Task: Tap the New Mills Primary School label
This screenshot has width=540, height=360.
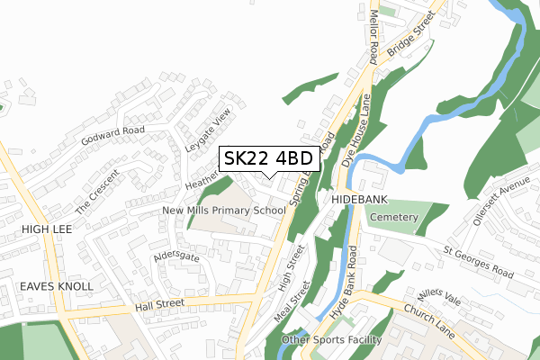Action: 224,211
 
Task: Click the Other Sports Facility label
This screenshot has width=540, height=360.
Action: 331,340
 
